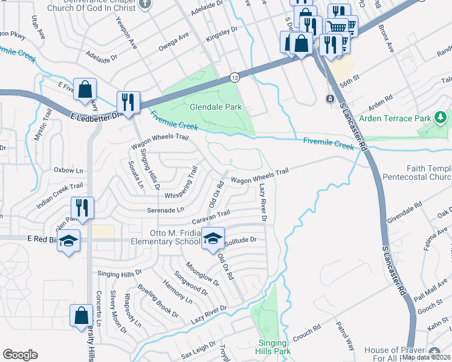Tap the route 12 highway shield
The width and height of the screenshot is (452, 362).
tap(233, 77)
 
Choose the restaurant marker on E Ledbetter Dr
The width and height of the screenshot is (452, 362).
tap(128, 101)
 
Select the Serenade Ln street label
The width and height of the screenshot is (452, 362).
tap(165, 209)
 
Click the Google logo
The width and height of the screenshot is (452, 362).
tap(20, 355)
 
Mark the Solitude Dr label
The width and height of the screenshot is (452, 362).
tap(241, 240)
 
